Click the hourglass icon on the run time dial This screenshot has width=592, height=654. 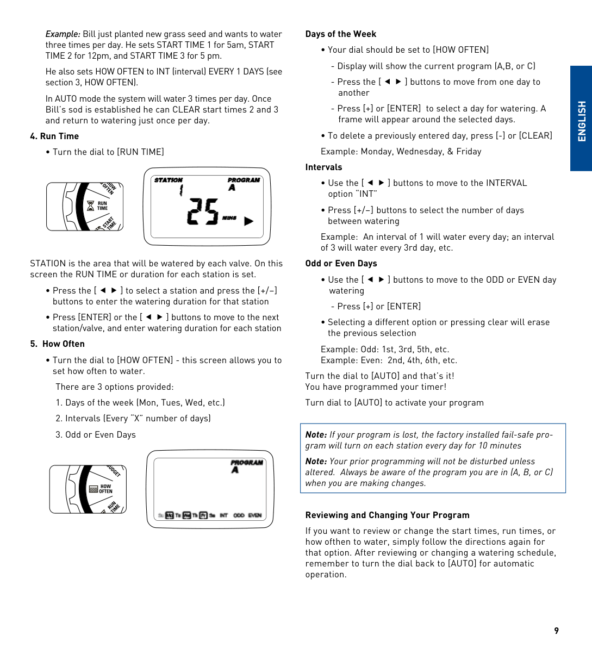click(x=91, y=206)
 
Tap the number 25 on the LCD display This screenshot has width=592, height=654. click(x=203, y=211)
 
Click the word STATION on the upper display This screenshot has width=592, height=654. click(x=169, y=180)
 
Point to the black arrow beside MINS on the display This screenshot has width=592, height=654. click(x=249, y=221)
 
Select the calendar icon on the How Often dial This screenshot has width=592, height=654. click(x=94, y=489)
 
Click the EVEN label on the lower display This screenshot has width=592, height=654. click(x=255, y=515)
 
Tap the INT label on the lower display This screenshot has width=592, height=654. click(x=223, y=515)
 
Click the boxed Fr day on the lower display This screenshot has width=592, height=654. click(x=203, y=515)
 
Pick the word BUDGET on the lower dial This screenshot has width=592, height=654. click(x=114, y=471)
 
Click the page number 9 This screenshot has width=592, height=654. click(x=556, y=631)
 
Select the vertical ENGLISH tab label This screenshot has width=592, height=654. click(x=582, y=121)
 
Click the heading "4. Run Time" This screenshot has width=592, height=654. click(x=54, y=136)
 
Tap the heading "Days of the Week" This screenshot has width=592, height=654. click(x=341, y=34)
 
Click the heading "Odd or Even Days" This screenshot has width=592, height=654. click(x=341, y=264)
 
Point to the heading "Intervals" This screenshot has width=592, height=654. click(x=323, y=167)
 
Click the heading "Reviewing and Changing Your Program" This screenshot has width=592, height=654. click(x=387, y=515)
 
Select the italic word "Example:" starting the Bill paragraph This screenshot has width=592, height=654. click(x=63, y=34)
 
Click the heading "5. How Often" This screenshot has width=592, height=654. click(x=58, y=344)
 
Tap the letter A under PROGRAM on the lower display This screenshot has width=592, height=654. click(x=235, y=470)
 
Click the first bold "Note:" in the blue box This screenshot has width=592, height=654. click(x=316, y=435)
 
